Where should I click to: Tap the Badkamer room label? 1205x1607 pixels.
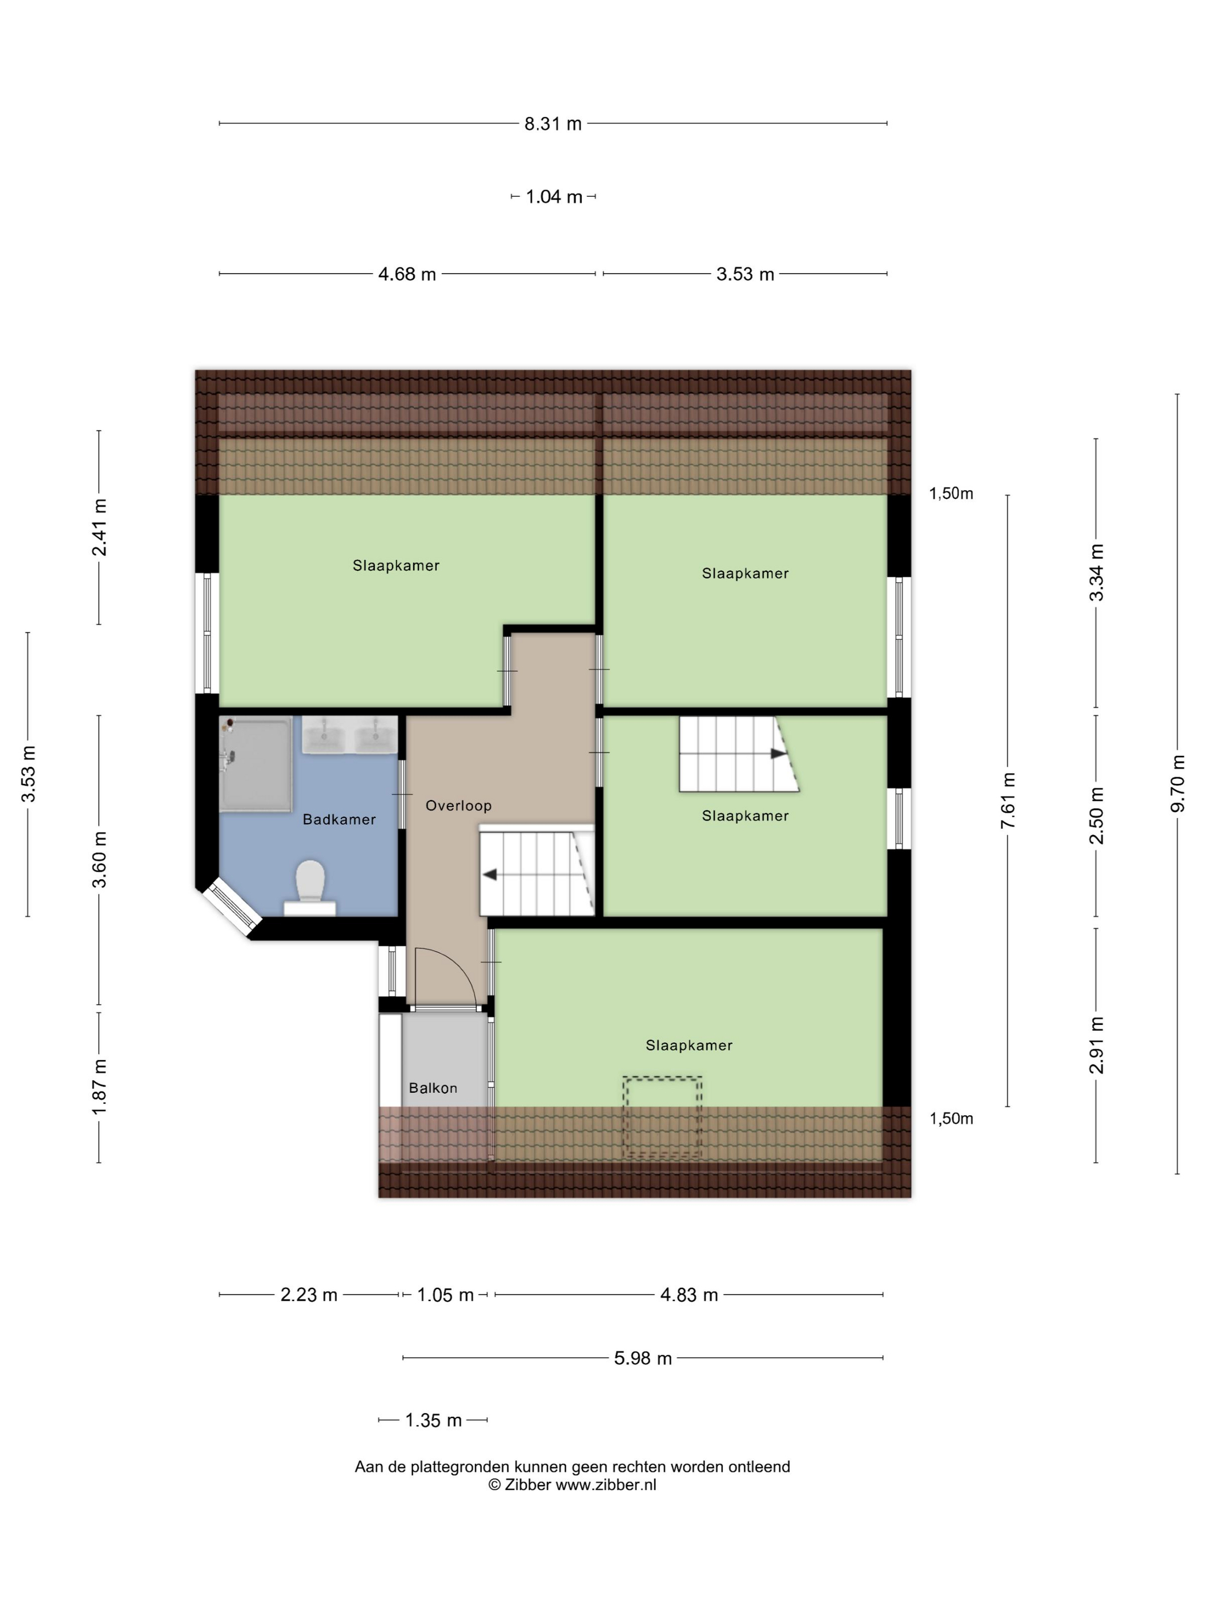339,820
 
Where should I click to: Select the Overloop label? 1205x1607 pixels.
458,805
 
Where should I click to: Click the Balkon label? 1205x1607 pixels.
433,1088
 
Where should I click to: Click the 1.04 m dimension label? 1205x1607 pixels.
554,197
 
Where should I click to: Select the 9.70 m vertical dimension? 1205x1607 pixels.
1177,783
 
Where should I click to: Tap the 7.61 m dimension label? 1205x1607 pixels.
1008,801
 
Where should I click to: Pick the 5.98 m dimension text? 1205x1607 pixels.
643,1358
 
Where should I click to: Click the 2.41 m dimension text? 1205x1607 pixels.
99,527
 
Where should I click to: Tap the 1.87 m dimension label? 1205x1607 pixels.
99,1087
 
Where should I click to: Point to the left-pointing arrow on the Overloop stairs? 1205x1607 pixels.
489,874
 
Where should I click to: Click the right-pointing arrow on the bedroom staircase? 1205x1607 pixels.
779,754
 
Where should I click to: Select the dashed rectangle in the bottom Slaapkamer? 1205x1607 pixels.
662,1117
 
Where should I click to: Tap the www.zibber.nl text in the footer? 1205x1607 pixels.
606,1484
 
